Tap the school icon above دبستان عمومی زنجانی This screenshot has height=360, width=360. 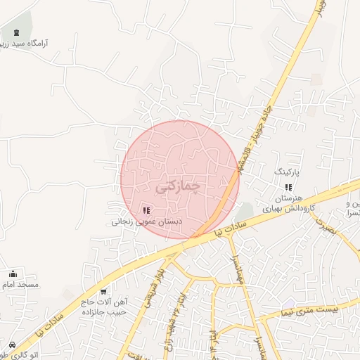pos(146,210)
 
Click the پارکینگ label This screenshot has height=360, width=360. pos(286,172)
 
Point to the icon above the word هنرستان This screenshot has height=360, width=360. pos(288,187)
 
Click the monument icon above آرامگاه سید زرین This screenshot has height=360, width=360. pos(15,33)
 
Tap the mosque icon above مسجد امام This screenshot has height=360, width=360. pos(13,274)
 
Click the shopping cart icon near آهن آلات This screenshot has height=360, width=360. pos(104,291)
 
